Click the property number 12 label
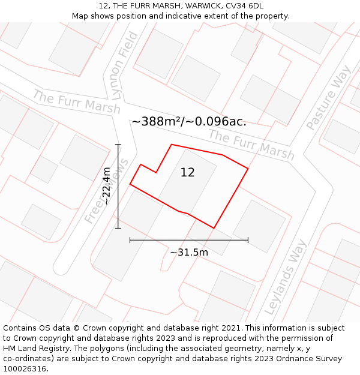pos(187,173)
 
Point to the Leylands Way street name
pos(286,277)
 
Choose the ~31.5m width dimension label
pos(189,253)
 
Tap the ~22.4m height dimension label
pos(106,186)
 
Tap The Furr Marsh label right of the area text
pos(251,145)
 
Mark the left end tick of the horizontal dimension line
pos(130,240)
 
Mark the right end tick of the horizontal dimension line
pos(248,240)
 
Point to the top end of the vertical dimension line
pos(118,145)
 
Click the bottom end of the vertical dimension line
pos(118,228)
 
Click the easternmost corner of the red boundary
pos(248,169)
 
